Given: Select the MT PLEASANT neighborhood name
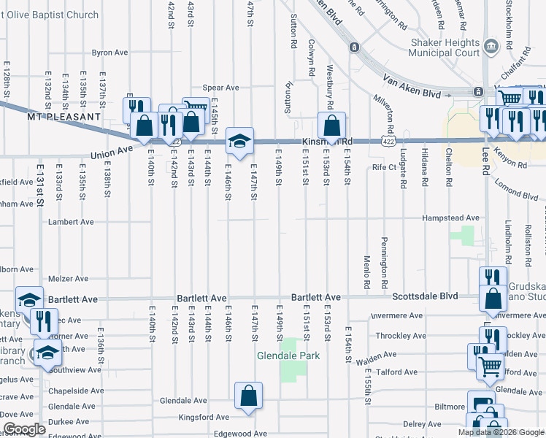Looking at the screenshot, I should click(64, 117).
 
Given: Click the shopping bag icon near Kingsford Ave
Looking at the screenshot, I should click(249, 396).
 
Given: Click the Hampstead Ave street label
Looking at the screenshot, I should click(453, 218).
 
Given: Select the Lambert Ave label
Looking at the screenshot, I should click(71, 221).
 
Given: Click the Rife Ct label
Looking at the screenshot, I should click(383, 167).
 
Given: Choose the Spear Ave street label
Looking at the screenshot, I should click(220, 88).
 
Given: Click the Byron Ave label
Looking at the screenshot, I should click(109, 53).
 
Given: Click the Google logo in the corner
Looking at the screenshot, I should click(23, 429).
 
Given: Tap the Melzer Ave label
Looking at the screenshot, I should click(68, 279).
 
